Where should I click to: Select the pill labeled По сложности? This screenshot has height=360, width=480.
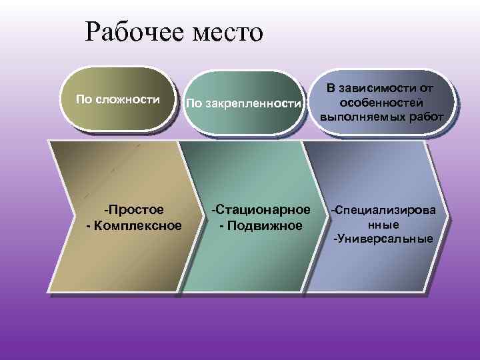coord(118,100)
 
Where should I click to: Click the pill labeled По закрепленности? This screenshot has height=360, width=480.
coord(244,103)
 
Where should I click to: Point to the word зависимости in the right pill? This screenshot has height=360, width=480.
coord(379,88)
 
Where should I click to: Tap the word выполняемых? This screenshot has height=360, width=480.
coord(364,115)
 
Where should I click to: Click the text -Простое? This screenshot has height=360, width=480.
coord(136,211)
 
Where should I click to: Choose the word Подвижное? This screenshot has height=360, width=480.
coord(265,225)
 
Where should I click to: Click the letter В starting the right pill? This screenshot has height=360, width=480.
coord(331,88)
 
